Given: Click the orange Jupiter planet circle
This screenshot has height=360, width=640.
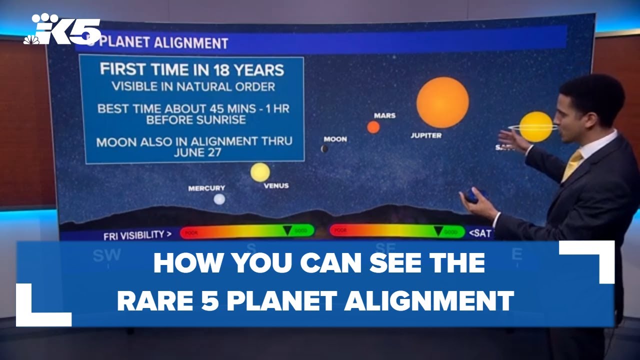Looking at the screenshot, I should (x=442, y=102).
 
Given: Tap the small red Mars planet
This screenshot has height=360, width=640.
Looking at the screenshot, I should (x=373, y=127).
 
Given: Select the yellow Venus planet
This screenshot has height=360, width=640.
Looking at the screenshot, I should (x=260, y=172).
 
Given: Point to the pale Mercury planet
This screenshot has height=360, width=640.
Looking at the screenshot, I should (x=219, y=199).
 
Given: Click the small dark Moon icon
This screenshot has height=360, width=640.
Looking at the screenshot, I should (x=324, y=148).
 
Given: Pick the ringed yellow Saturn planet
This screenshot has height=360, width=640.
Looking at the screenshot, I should (x=535, y=126).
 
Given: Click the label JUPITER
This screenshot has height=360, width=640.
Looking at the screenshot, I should (x=426, y=135).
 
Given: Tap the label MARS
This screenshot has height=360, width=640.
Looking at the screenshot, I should (x=384, y=115).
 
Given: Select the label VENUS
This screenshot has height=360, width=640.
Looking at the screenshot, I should (x=276, y=186).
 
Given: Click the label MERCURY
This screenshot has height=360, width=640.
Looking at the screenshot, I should (x=206, y=188).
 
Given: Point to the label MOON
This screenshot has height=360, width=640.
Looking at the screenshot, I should (x=335, y=139).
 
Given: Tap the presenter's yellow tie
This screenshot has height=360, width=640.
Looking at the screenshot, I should (x=572, y=165).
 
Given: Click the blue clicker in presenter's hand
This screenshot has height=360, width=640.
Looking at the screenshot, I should (x=472, y=195).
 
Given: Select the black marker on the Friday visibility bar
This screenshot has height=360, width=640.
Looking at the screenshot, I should (x=287, y=230).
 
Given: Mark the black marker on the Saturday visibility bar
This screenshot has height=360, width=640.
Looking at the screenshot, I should (x=438, y=230).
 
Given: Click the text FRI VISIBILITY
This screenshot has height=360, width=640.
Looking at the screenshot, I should (x=134, y=234).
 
